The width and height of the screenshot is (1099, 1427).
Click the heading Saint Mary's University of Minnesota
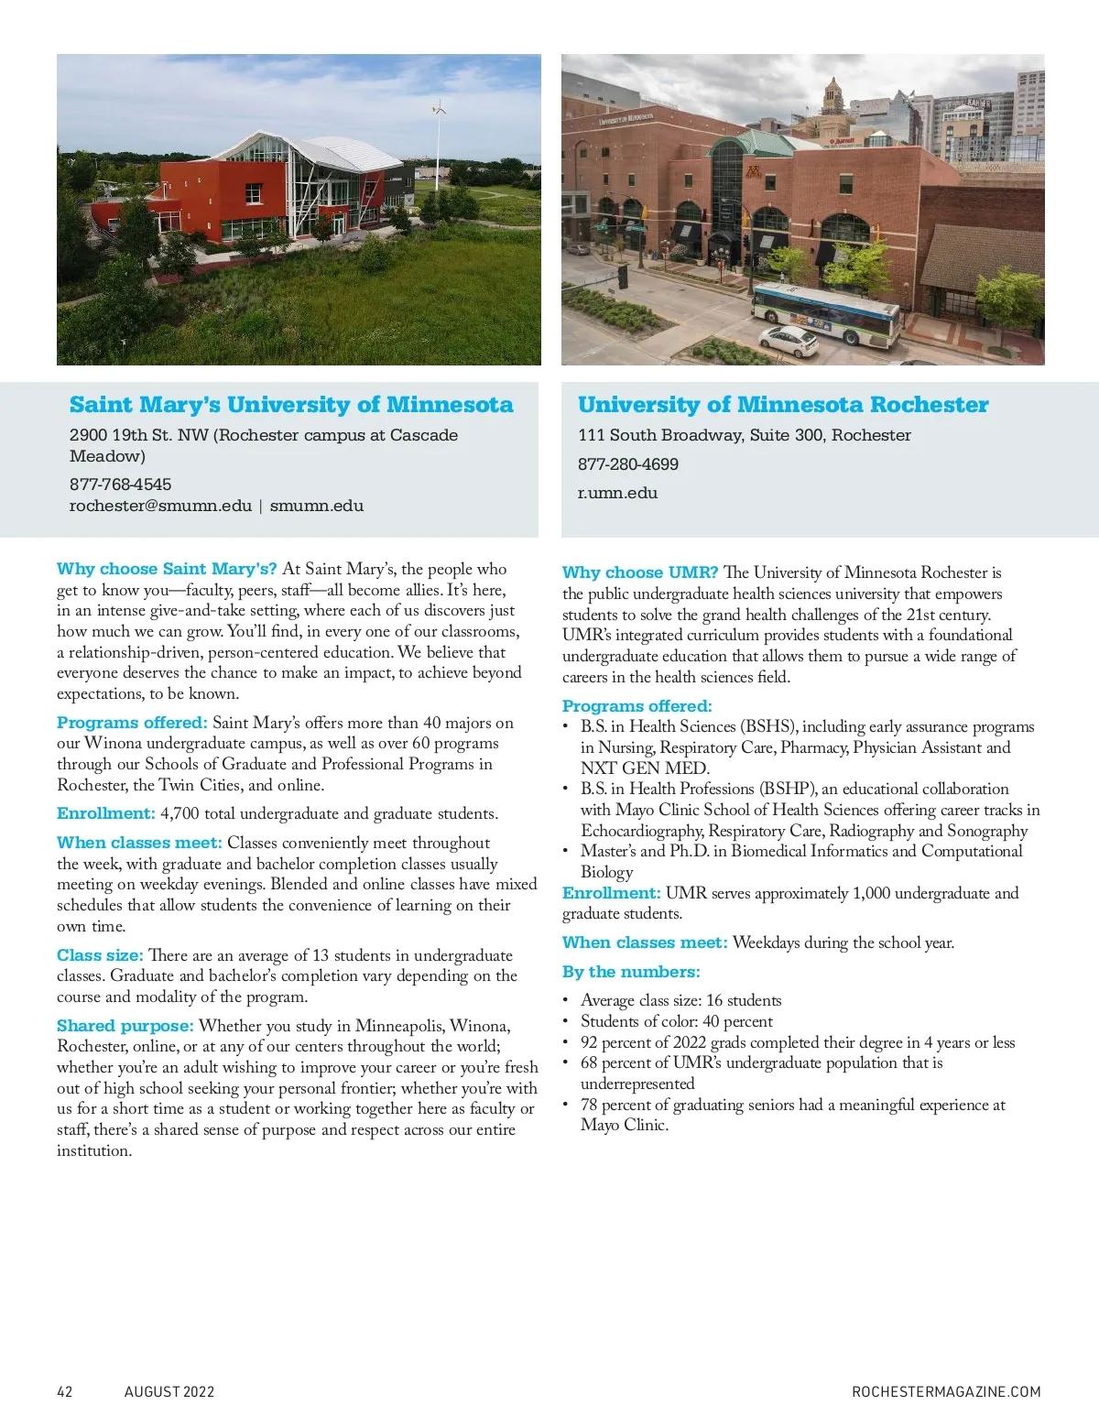(x=291, y=405)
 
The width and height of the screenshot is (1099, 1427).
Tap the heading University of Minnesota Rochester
(x=783, y=405)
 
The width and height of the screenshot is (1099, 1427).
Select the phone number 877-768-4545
(x=120, y=485)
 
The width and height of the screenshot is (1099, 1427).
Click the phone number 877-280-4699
(x=628, y=464)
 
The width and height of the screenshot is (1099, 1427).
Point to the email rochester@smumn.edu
(x=160, y=506)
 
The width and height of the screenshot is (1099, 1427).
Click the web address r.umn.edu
(x=617, y=493)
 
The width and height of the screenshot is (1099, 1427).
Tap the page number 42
(x=64, y=1391)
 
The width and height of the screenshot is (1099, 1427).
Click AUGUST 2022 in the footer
(x=169, y=1391)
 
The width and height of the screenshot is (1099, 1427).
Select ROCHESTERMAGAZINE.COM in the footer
(x=946, y=1391)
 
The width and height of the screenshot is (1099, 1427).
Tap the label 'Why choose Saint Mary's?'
(x=167, y=569)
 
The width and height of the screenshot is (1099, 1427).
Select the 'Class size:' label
(x=100, y=955)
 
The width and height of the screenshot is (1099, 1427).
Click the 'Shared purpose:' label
(x=125, y=1025)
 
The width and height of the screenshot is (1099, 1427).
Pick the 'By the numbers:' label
(x=631, y=972)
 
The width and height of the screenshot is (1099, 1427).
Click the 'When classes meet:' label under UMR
(x=645, y=942)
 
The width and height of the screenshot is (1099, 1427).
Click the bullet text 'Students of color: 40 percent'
(x=677, y=1021)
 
